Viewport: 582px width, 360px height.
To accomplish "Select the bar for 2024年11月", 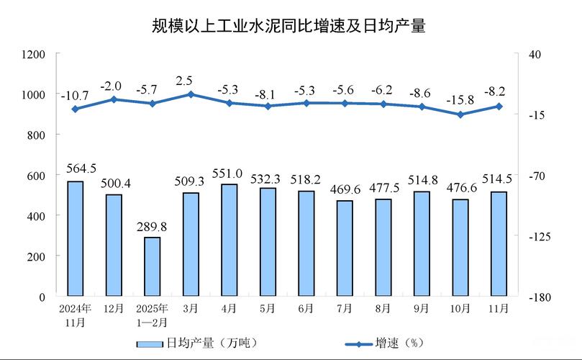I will pyautogui.click(x=75, y=238).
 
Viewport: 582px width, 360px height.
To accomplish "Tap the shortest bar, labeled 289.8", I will pyautogui.click(x=152, y=266).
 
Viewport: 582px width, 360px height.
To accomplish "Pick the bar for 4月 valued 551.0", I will pyautogui.click(x=229, y=240).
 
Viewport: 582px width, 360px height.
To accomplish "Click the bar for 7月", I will pyautogui.click(x=345, y=248).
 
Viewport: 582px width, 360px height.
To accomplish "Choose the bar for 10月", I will pyautogui.click(x=460, y=248).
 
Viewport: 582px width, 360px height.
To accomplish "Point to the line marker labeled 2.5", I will pyautogui.click(x=191, y=94).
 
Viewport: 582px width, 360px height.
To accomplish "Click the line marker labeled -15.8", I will pyautogui.click(x=460, y=114).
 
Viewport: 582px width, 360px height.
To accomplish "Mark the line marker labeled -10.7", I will pyautogui.click(x=75, y=109).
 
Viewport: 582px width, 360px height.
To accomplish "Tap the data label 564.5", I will pyautogui.click(x=81, y=168).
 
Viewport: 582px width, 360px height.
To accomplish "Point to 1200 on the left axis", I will pyautogui.click(x=35, y=55).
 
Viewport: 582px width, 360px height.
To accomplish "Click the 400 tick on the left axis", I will pyautogui.click(x=37, y=216).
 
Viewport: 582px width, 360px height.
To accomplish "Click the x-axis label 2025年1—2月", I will pyautogui.click(x=152, y=314).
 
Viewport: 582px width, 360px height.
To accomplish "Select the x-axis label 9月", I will pyautogui.click(x=422, y=308).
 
